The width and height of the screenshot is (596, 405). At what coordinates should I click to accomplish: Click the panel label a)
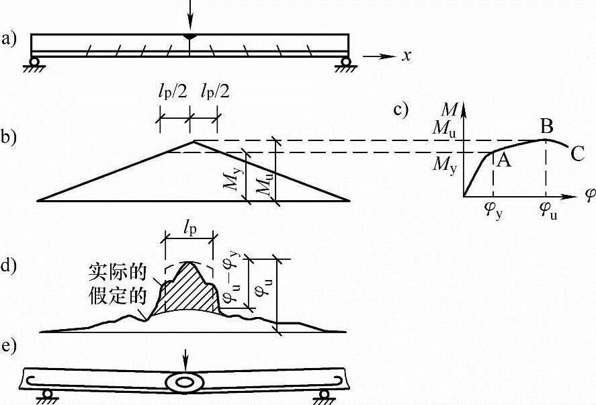coord(9,38)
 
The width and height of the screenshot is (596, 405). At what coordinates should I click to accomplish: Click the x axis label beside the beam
coord(406,56)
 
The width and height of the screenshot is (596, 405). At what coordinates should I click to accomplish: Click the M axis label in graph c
coord(449,107)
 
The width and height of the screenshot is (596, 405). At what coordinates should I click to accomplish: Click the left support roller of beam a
coord(33,64)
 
